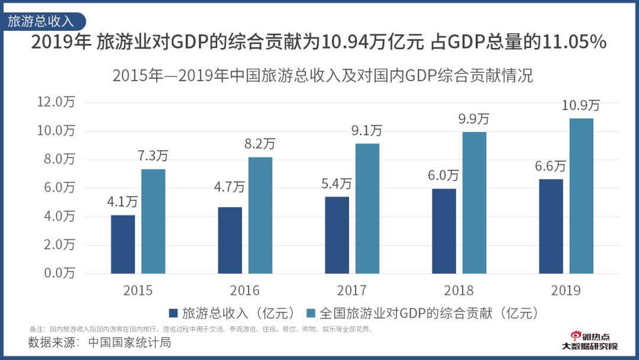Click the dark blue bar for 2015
click(x=122, y=244)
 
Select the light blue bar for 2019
click(x=581, y=196)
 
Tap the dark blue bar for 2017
click(x=337, y=235)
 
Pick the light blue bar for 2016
click(x=260, y=215)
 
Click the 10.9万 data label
click(x=580, y=105)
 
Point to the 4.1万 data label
click(x=122, y=202)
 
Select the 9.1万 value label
click(x=367, y=130)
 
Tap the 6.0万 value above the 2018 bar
click(x=444, y=175)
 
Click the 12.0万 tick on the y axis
click(x=57, y=102)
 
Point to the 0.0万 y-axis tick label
click(x=57, y=273)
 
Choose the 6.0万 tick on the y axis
click(x=57, y=188)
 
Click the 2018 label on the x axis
click(x=459, y=290)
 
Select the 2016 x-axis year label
click(x=245, y=290)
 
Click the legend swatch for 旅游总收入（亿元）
click(x=173, y=313)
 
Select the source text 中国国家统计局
click(x=130, y=342)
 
